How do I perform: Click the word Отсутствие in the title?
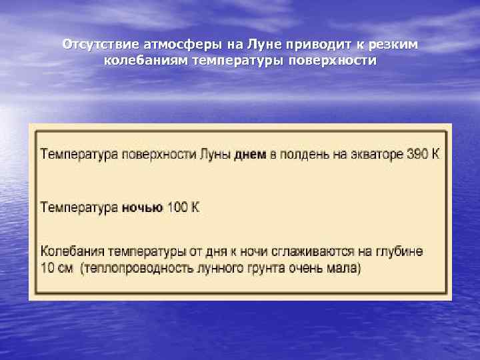pyautogui.click(x=100, y=45)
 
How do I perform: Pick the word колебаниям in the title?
pyautogui.click(x=145, y=61)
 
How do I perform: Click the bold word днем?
pyautogui.click(x=251, y=155)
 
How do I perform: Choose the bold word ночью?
pyautogui.click(x=142, y=207)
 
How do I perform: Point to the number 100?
pyautogui.click(x=177, y=207)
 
